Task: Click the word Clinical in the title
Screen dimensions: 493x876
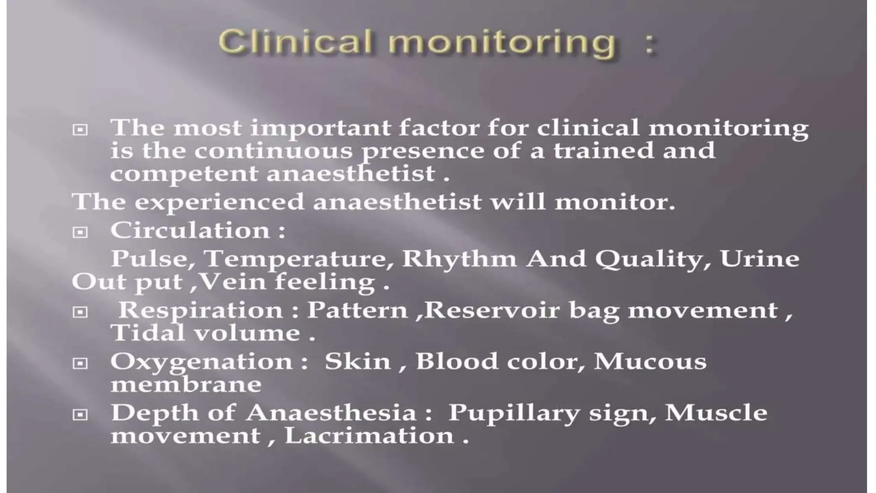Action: (x=295, y=43)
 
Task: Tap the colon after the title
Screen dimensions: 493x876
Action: (x=650, y=45)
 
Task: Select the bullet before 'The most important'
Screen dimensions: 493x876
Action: (x=80, y=129)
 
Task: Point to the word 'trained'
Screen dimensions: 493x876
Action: (x=604, y=151)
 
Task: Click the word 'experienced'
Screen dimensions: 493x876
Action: (x=219, y=202)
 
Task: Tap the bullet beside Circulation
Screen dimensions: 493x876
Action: (x=80, y=232)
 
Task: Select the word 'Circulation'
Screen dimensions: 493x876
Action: (x=190, y=230)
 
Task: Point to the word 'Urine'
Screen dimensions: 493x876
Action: (x=759, y=258)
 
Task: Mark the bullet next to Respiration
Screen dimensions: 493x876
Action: (x=80, y=312)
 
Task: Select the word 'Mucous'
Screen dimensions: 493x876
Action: (x=650, y=361)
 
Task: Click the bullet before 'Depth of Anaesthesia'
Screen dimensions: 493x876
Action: (x=80, y=415)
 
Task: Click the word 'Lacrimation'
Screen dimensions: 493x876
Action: (x=369, y=436)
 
